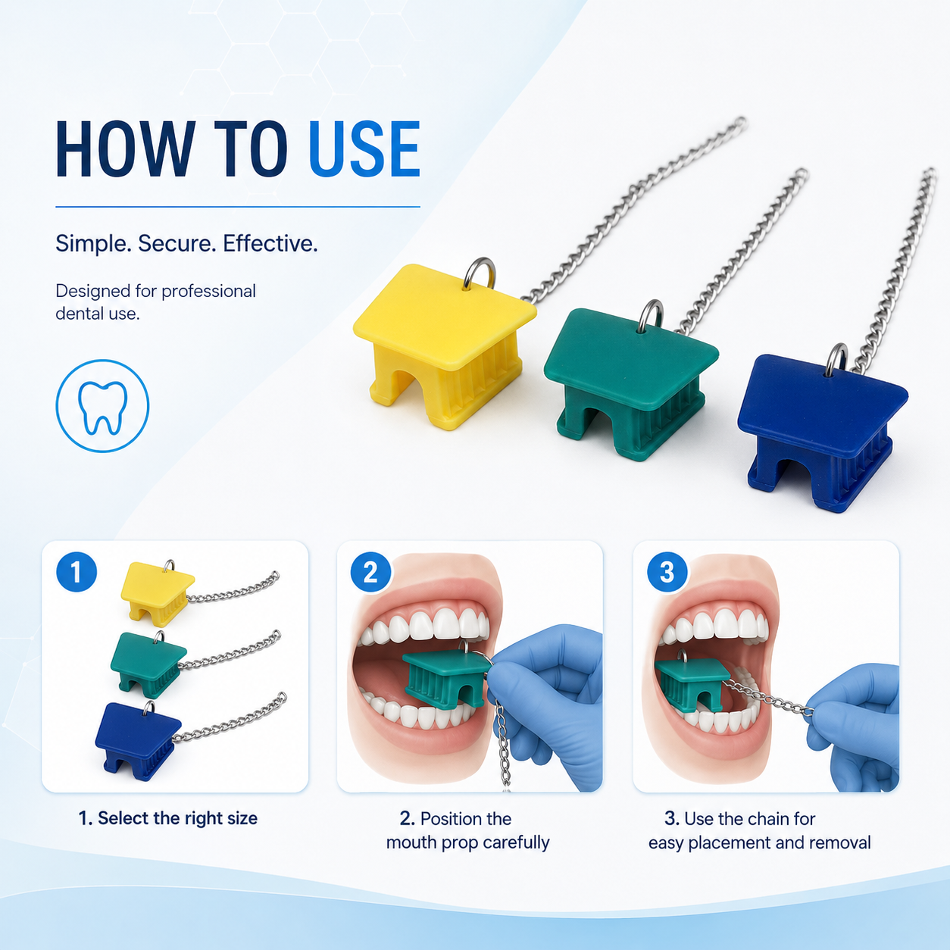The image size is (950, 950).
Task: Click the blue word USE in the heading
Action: [364, 148]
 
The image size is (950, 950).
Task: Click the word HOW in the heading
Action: [125, 148]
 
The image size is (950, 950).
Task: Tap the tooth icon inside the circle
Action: [102, 408]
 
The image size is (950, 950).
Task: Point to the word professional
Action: [208, 292]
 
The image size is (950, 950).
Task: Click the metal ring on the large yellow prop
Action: [480, 272]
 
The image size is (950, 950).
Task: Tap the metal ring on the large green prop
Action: [651, 315]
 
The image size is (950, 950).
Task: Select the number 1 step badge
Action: [77, 572]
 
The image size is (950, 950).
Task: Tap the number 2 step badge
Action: [370, 572]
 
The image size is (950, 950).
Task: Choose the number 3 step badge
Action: [667, 572]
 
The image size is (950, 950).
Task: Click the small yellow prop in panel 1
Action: [158, 590]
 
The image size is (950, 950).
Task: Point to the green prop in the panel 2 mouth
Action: [448, 679]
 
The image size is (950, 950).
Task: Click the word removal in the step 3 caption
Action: [839, 842]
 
